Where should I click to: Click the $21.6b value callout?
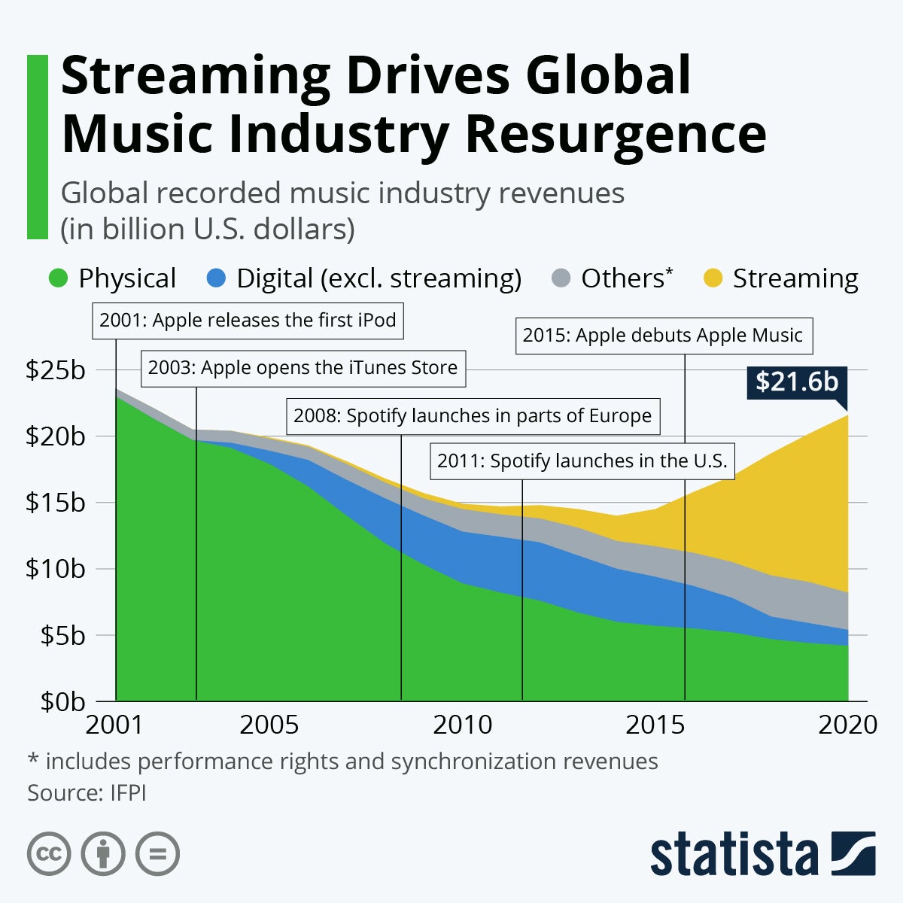[x=797, y=382]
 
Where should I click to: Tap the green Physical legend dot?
[x=59, y=278]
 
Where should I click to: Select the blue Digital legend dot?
[x=216, y=278]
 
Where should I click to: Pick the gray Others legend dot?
[x=561, y=278]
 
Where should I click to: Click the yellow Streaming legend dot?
[x=713, y=278]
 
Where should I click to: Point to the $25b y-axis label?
[x=56, y=370]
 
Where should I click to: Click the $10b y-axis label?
[x=56, y=569]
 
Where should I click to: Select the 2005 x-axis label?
[x=269, y=725]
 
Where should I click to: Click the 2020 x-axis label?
[x=847, y=725]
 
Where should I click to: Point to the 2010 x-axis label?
[x=462, y=725]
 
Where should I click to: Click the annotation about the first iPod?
[x=248, y=321]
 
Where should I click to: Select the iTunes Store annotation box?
[x=303, y=368]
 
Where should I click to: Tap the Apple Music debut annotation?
[x=662, y=336]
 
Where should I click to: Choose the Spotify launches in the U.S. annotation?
[x=582, y=461]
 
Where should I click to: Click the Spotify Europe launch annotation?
[x=473, y=416]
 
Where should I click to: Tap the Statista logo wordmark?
[x=734, y=855]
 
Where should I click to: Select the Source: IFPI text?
[x=87, y=793]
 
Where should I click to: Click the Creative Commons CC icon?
[x=49, y=854]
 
